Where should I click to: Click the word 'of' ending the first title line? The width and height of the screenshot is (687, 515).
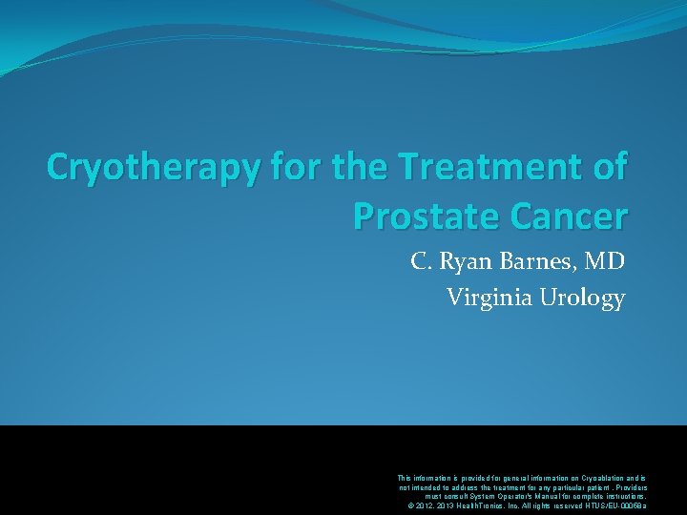click(608, 167)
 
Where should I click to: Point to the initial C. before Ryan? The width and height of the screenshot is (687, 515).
click(420, 260)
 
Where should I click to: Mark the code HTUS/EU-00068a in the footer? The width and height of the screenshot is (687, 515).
click(614, 505)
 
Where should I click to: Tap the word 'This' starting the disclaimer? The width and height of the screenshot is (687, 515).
click(405, 477)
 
